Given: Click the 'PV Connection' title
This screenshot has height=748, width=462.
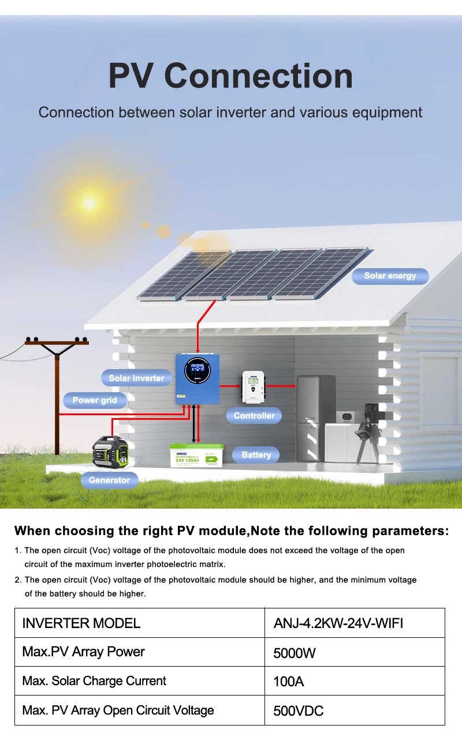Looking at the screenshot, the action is [x=230, y=76].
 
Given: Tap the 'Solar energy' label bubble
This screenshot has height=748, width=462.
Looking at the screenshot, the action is [x=390, y=276].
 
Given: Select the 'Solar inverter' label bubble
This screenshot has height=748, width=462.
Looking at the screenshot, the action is [x=136, y=378].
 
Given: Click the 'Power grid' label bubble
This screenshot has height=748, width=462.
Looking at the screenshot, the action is [x=95, y=400].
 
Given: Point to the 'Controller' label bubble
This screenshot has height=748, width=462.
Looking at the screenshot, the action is [x=254, y=415].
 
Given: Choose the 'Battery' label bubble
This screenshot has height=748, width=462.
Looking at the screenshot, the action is [x=256, y=455].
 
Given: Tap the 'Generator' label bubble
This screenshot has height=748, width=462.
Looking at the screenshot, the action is [x=109, y=480].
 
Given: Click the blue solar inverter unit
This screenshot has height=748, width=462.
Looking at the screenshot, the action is [x=198, y=378].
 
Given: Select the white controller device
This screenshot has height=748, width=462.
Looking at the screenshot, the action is [x=252, y=386].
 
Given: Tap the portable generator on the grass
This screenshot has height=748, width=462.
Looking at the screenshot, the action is [x=112, y=452].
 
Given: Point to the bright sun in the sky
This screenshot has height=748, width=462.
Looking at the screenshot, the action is [x=90, y=202].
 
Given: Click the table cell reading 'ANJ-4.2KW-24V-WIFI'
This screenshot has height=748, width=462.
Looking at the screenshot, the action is [x=338, y=623].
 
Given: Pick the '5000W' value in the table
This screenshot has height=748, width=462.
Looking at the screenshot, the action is [x=295, y=653].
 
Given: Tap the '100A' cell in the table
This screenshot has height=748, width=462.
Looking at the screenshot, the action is [x=288, y=682].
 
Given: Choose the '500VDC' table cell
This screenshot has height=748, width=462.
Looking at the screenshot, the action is [x=298, y=711].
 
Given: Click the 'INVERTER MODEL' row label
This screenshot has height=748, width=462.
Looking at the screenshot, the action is [x=81, y=623].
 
